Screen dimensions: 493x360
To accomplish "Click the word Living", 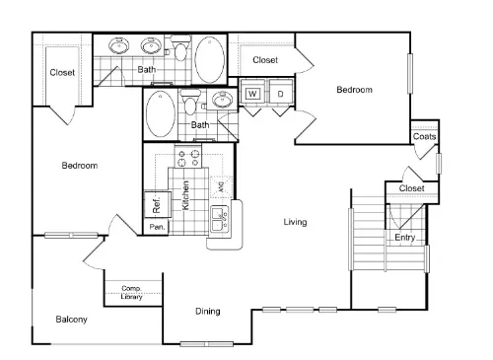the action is pyautogui.click(x=295, y=222).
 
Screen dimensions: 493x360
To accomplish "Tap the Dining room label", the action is pyautogui.click(x=208, y=311).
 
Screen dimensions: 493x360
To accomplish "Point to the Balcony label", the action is pyautogui.click(x=71, y=320).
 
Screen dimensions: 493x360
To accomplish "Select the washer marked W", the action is pyautogui.click(x=252, y=94).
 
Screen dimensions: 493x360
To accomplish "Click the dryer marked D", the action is pyautogui.click(x=280, y=94).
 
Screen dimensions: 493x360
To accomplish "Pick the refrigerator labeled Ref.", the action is pyautogui.click(x=157, y=204).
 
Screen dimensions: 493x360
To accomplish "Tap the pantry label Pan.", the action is pyautogui.click(x=157, y=227).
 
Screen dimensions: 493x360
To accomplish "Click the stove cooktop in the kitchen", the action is pyautogui.click(x=188, y=157).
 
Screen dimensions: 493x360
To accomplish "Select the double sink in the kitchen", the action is pyautogui.click(x=219, y=219).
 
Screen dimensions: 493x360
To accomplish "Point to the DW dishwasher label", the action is pyautogui.click(x=221, y=187).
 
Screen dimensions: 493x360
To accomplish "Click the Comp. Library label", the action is pyautogui.click(x=131, y=292).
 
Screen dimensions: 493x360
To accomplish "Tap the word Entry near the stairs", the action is pyautogui.click(x=404, y=238).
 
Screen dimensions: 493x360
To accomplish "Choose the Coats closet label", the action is pyautogui.click(x=424, y=136).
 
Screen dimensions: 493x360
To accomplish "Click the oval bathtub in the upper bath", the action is pyautogui.click(x=209, y=59).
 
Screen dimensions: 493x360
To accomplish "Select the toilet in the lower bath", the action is pyautogui.click(x=189, y=101).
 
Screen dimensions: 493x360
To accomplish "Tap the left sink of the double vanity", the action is pyautogui.click(x=119, y=45).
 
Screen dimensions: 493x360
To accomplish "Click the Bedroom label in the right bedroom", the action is pyautogui.click(x=354, y=90).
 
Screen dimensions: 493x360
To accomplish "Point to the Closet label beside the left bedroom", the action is pyautogui.click(x=62, y=72).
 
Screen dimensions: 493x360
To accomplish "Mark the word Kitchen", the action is pyautogui.click(x=185, y=195).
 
